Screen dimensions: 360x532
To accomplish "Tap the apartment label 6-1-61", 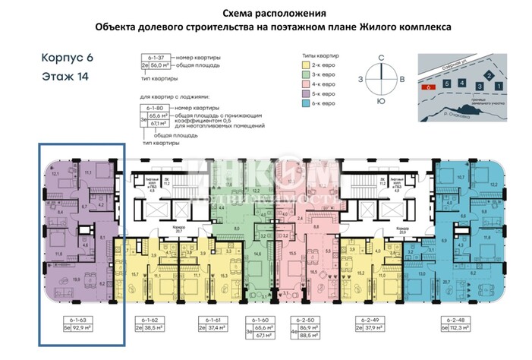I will pos(214,319).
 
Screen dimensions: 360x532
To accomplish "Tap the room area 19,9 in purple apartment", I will pos(56,279).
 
